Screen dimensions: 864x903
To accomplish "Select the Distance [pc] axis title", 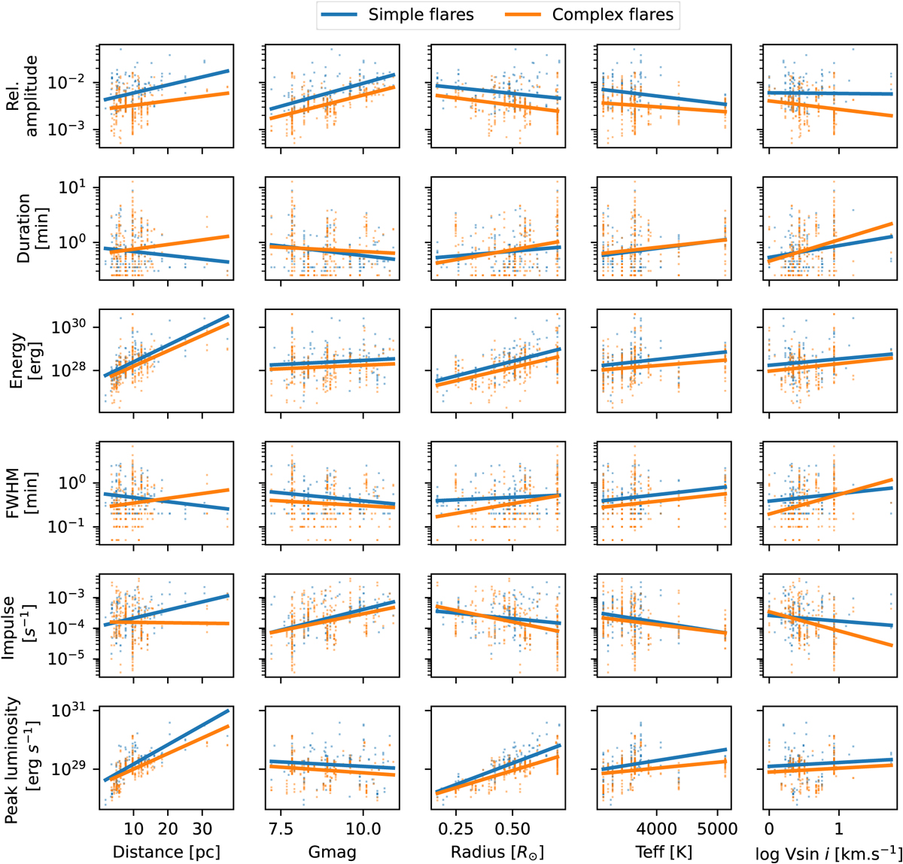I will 166,851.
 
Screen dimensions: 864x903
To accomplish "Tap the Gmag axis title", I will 331,851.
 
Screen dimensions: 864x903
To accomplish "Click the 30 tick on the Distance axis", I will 202,829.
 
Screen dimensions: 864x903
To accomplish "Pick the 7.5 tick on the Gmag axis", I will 281,829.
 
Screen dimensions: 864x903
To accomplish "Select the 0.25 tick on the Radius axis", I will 455,829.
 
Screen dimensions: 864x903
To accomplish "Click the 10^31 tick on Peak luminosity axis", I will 72,711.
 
